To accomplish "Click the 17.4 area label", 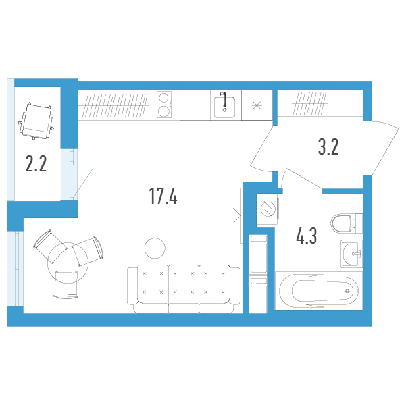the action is tap(163, 196).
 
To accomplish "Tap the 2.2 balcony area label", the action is tap(36, 164).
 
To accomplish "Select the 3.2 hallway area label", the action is tap(328, 147).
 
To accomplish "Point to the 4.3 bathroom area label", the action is tap(306, 236).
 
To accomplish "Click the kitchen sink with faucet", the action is tap(224, 105).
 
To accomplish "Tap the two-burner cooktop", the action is tap(164, 105).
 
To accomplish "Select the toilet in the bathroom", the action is tap(347, 223).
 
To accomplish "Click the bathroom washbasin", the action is tap(351, 254).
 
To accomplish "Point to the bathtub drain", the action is tap(347, 291).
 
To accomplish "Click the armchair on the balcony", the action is tap(36, 121).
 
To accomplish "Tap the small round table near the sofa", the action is tap(155, 248).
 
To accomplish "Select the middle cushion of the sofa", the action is tap(184, 283).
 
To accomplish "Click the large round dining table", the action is tap(68, 263).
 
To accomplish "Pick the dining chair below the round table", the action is tap(66, 284).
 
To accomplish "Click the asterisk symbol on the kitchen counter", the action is tap(257, 105).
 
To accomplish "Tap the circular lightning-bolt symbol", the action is tap(268, 209).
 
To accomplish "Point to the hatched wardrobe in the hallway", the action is tap(310, 103).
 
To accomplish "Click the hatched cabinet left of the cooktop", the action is tap(113, 105).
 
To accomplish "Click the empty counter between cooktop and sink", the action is tap(195, 105).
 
